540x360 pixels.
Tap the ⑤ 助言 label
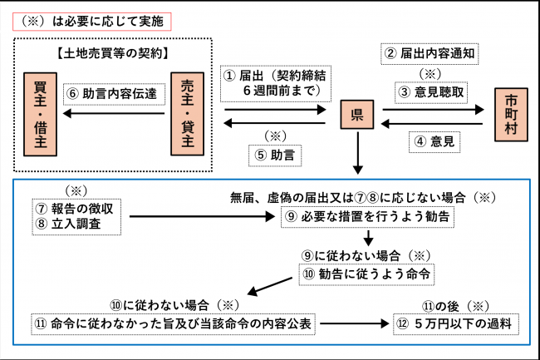click(273, 153)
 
